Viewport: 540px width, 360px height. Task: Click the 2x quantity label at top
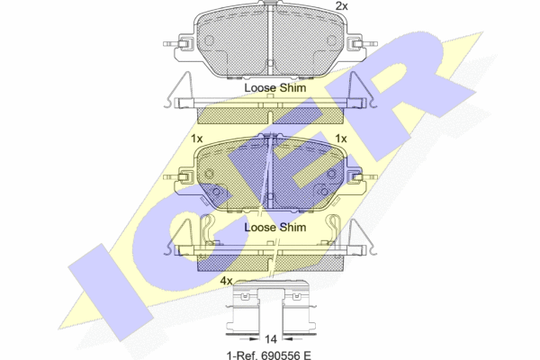pos(342,6)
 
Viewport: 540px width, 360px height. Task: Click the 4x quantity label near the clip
pos(226,281)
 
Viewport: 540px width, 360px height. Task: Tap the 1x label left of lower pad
pos(196,139)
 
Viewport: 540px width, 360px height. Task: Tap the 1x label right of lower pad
pos(341,139)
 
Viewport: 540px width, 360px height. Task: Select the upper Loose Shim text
pos(275,88)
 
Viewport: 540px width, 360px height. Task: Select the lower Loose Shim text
pos(275,228)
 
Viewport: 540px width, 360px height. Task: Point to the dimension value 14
pos(271,339)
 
